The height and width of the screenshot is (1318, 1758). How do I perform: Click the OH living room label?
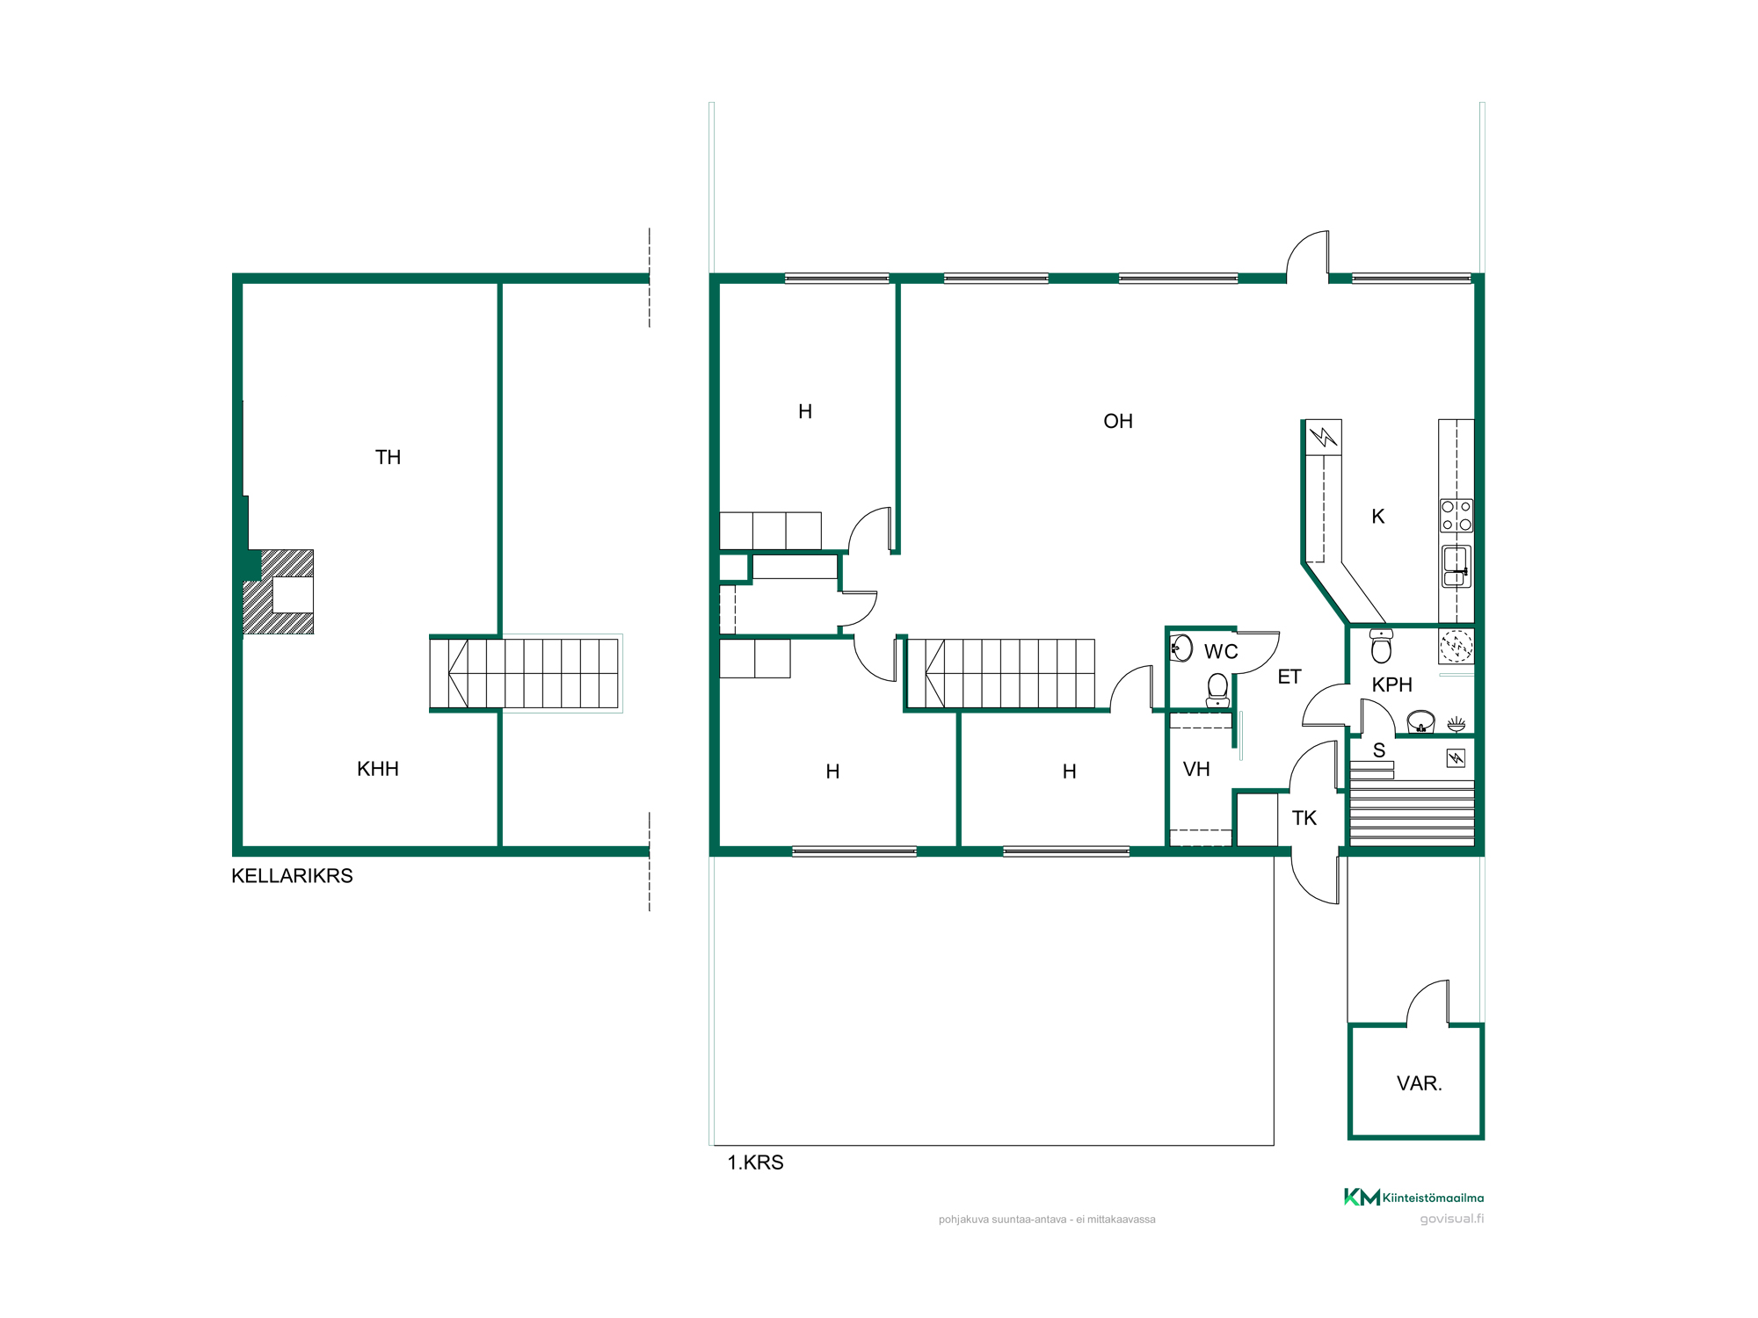click(x=1118, y=422)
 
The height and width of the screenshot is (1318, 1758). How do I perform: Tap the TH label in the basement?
click(x=388, y=458)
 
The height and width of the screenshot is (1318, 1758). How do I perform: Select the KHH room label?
click(x=378, y=770)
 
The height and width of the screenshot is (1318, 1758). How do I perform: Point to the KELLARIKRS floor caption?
click(x=292, y=876)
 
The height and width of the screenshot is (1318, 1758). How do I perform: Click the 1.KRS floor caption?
click(x=755, y=1163)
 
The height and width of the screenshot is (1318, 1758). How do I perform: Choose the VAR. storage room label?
click(x=1420, y=1084)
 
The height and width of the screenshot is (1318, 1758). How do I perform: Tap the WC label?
click(x=1221, y=652)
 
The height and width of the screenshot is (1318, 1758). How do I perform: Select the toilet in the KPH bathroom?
click(x=1381, y=646)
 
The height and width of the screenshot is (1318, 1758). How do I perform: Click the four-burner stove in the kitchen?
click(x=1456, y=516)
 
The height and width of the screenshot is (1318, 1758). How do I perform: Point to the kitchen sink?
click(x=1456, y=566)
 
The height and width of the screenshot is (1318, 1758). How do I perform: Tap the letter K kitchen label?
click(x=1378, y=517)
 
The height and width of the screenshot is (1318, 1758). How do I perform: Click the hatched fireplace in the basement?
click(x=279, y=592)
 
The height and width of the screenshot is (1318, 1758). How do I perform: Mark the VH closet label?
click(x=1196, y=770)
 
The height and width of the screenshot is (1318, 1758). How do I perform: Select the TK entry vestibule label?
click(x=1304, y=819)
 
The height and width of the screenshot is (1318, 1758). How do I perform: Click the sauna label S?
click(x=1379, y=751)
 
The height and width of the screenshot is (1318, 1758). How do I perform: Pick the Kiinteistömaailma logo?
click(x=1413, y=1197)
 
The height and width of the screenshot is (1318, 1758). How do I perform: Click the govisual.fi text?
click(x=1452, y=1219)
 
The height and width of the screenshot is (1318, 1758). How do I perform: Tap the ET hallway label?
click(x=1289, y=677)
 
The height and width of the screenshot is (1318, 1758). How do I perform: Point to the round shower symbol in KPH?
click(x=1456, y=646)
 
